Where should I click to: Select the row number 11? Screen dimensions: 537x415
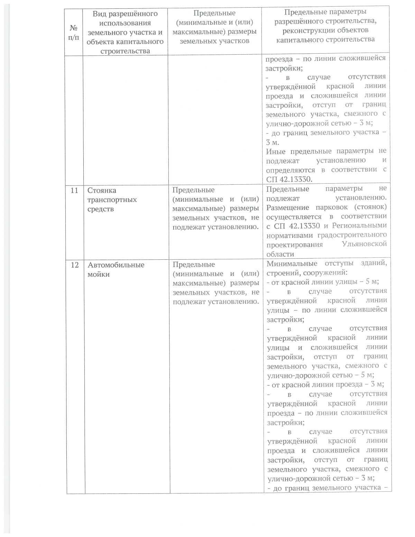pyautogui.click(x=74, y=191)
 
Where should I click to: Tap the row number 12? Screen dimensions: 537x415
pyautogui.click(x=74, y=265)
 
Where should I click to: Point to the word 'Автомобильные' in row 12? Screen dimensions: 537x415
pyautogui.click(x=116, y=265)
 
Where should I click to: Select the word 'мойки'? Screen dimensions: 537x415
pyautogui.click(x=99, y=275)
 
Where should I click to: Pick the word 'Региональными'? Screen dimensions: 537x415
pyautogui.click(x=359, y=226)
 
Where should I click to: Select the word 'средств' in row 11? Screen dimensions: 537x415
pyautogui.click(x=100, y=209)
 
